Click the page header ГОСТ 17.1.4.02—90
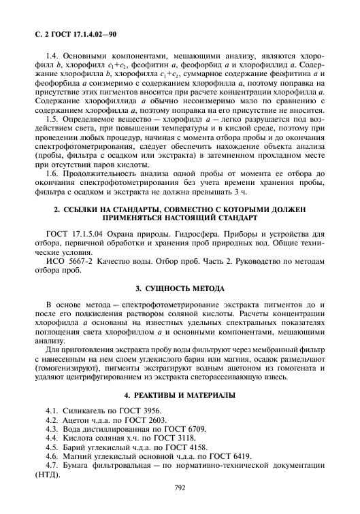(79, 32)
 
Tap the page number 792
(180, 487)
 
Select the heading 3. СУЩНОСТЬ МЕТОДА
(180, 288)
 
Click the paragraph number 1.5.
(53, 118)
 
